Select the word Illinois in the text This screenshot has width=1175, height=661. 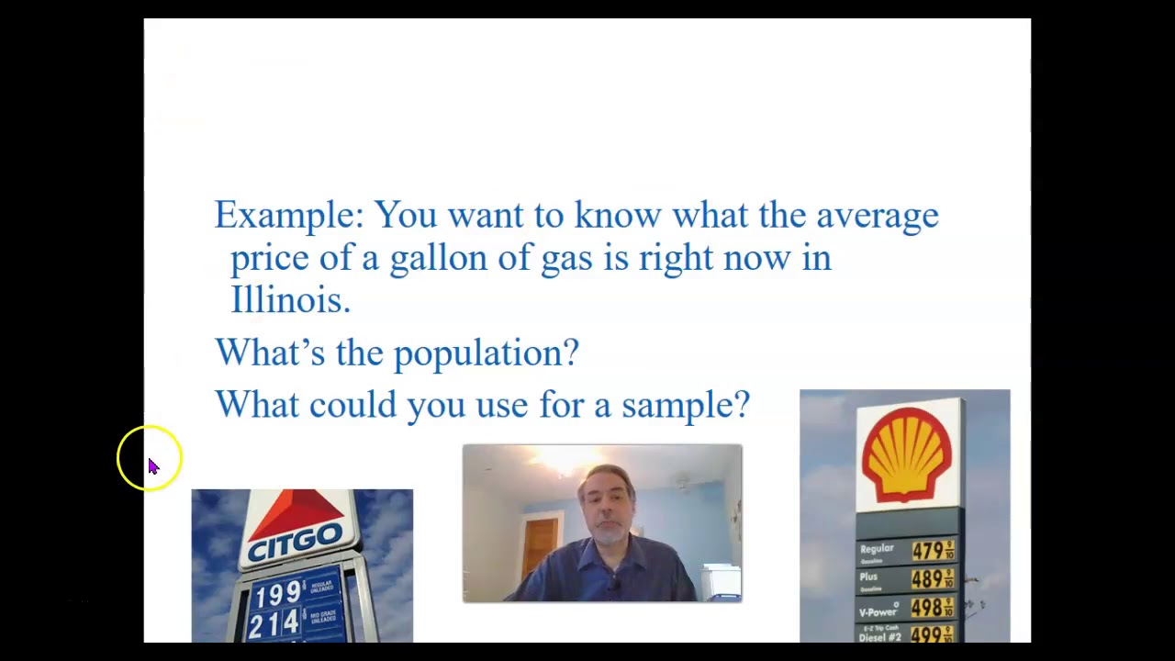click(x=289, y=300)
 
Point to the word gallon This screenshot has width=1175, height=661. click(x=438, y=258)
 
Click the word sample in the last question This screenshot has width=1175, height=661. click(x=685, y=405)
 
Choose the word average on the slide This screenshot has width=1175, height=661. click(x=877, y=216)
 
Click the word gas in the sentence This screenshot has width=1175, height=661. click(x=565, y=258)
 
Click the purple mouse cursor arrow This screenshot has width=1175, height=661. click(x=153, y=466)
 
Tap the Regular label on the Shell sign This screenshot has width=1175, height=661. click(x=877, y=549)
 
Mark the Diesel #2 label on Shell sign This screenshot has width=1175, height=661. click(x=879, y=636)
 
